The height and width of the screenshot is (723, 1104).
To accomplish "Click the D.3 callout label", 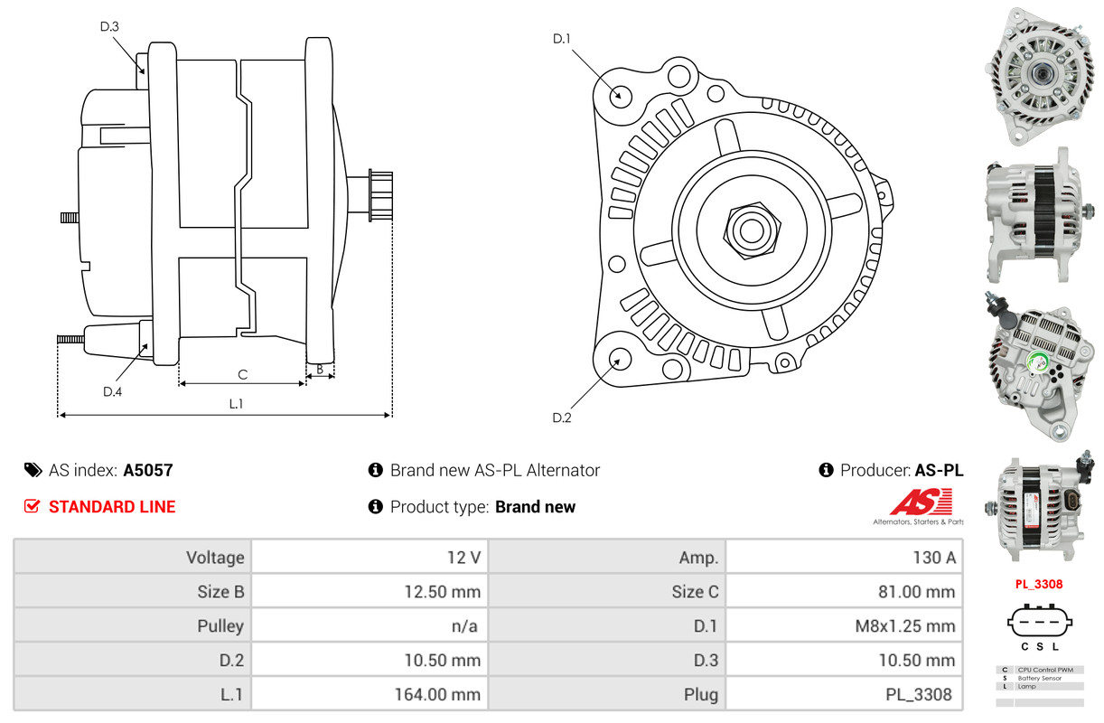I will [109, 26].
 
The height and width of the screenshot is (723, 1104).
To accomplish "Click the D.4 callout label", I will [112, 391].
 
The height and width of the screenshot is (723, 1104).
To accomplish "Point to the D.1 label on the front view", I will [562, 39].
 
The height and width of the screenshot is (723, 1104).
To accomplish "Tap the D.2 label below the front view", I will [562, 418].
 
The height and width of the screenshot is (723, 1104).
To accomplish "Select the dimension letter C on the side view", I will [242, 374].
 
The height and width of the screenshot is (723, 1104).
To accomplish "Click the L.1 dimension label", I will [236, 404].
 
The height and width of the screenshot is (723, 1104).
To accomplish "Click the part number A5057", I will [148, 470].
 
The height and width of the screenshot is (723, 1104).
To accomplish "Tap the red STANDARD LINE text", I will [112, 507].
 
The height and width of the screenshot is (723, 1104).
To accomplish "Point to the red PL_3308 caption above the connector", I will [1038, 584].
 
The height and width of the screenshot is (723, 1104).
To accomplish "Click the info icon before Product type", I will [376, 507].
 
